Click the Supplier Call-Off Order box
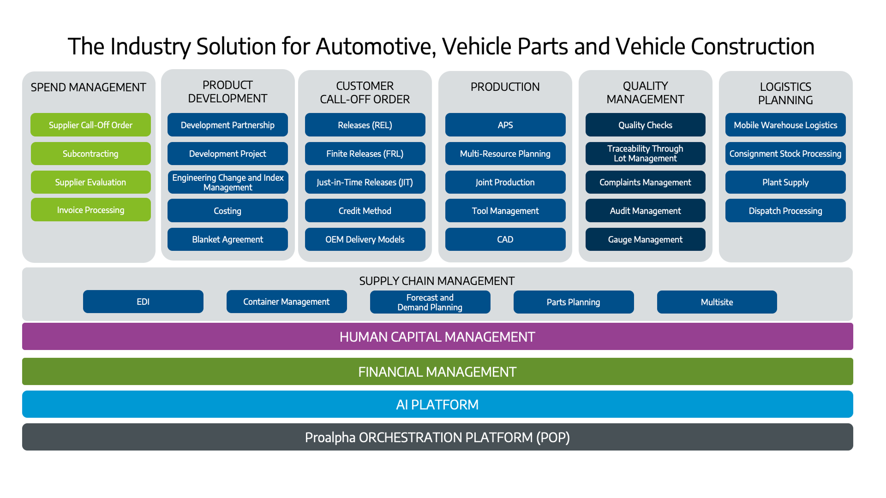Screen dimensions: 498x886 point(90,125)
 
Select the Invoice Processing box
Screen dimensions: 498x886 point(90,210)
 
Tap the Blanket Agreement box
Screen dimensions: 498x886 point(227,239)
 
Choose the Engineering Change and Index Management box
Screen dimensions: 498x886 point(227,182)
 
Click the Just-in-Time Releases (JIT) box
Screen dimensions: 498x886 point(365,182)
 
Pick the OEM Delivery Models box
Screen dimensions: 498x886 point(365,239)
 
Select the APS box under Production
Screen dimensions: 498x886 point(505,125)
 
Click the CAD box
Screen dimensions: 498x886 point(505,239)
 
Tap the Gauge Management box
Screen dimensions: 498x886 point(645,239)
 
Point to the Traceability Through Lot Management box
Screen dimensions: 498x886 point(645,154)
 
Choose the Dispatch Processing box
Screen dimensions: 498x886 point(785,211)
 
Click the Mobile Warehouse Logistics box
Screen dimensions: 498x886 point(785,125)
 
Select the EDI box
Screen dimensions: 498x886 point(143,302)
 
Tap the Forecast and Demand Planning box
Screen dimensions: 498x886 point(430,302)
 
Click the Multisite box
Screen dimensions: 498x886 point(717,302)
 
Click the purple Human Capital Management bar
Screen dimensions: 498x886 point(437,337)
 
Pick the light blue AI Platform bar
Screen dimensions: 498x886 point(437,404)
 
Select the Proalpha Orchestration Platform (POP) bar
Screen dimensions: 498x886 point(437,437)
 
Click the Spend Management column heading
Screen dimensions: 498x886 point(88,87)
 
